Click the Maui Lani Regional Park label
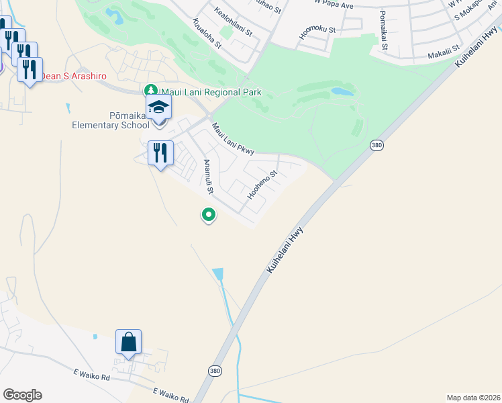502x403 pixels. coord(206,91)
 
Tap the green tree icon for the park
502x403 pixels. coord(152,91)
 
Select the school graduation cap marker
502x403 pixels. coord(159,107)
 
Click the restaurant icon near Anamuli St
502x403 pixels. coord(160,152)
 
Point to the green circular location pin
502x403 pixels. coord(209,215)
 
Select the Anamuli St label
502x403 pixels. coord(208,177)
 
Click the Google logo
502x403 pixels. coord(22,395)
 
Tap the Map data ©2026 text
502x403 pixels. coord(473,397)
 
